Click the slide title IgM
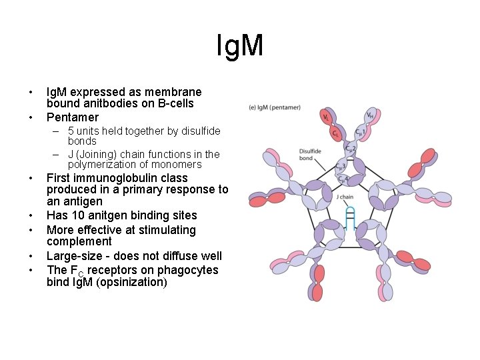[x=240, y=46]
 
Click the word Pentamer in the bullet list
[x=72, y=117]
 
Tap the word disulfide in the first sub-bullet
[x=199, y=131]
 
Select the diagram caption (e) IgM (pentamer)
[x=274, y=107]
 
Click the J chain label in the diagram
[x=345, y=197]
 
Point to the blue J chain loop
[x=349, y=219]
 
